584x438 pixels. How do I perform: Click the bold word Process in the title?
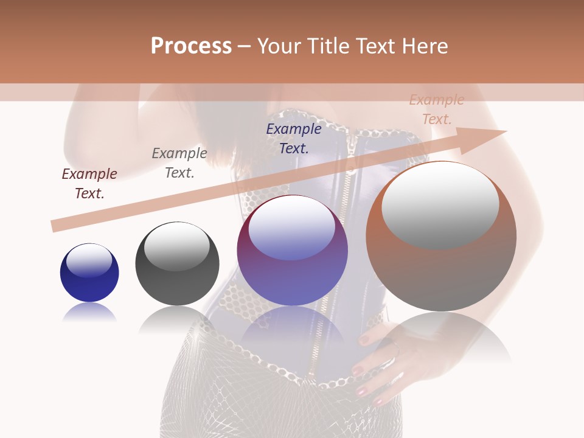191,46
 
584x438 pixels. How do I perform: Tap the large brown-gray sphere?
441,274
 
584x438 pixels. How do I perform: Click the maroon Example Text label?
89,184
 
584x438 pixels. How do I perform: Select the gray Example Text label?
179,163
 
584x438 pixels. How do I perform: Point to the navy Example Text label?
294,138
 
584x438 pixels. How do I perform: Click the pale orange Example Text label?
437,109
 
